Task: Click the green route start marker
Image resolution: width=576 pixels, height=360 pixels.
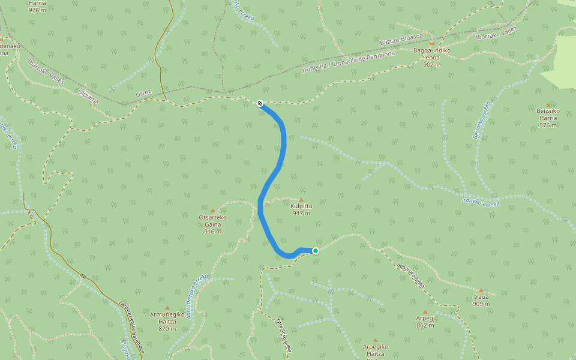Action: pyautogui.click(x=315, y=251)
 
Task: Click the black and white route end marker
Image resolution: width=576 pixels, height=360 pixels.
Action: pyautogui.click(x=260, y=103)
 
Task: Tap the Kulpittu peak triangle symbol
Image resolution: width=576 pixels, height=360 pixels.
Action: pyautogui.click(x=301, y=200)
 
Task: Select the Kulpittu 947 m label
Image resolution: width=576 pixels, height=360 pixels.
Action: pyautogui.click(x=301, y=209)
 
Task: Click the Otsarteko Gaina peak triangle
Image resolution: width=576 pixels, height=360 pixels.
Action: pyautogui.click(x=212, y=211)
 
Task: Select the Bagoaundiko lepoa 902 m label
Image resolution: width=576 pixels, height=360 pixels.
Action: pyautogui.click(x=431, y=57)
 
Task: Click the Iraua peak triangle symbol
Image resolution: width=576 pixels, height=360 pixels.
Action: pyautogui.click(x=481, y=290)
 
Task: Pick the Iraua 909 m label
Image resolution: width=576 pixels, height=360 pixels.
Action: pyautogui.click(x=481, y=300)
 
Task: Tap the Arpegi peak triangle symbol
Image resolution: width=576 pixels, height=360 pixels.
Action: pyautogui.click(x=425, y=312)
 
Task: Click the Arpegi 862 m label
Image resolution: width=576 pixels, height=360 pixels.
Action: pyautogui.click(x=425, y=322)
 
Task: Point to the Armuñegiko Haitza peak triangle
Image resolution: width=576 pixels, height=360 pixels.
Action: pyautogui.click(x=167, y=308)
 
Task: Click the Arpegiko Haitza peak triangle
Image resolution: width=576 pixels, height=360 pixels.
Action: pyautogui.click(x=376, y=340)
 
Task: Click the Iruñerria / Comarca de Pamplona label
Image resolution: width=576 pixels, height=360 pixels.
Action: pyautogui.click(x=349, y=62)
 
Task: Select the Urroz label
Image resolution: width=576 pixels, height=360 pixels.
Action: pyautogui.click(x=144, y=94)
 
